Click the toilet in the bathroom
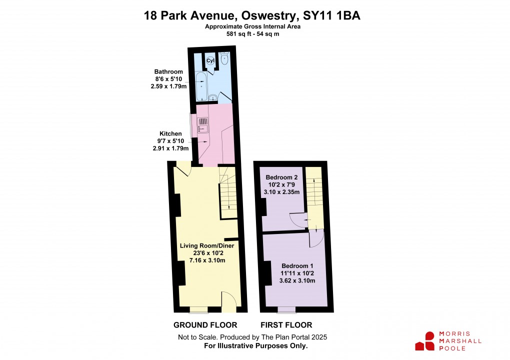(x=224, y=59)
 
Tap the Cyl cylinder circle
(x=210, y=60)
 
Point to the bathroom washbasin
(x=213, y=97)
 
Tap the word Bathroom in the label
(x=168, y=72)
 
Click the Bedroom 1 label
(x=298, y=265)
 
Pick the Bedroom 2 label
(x=282, y=177)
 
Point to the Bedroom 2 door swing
(x=296, y=219)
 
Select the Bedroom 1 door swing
(x=316, y=239)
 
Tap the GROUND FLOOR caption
(x=205, y=325)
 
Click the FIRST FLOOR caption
(x=286, y=325)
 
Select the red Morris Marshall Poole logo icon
(x=424, y=340)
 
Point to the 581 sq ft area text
(x=241, y=34)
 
